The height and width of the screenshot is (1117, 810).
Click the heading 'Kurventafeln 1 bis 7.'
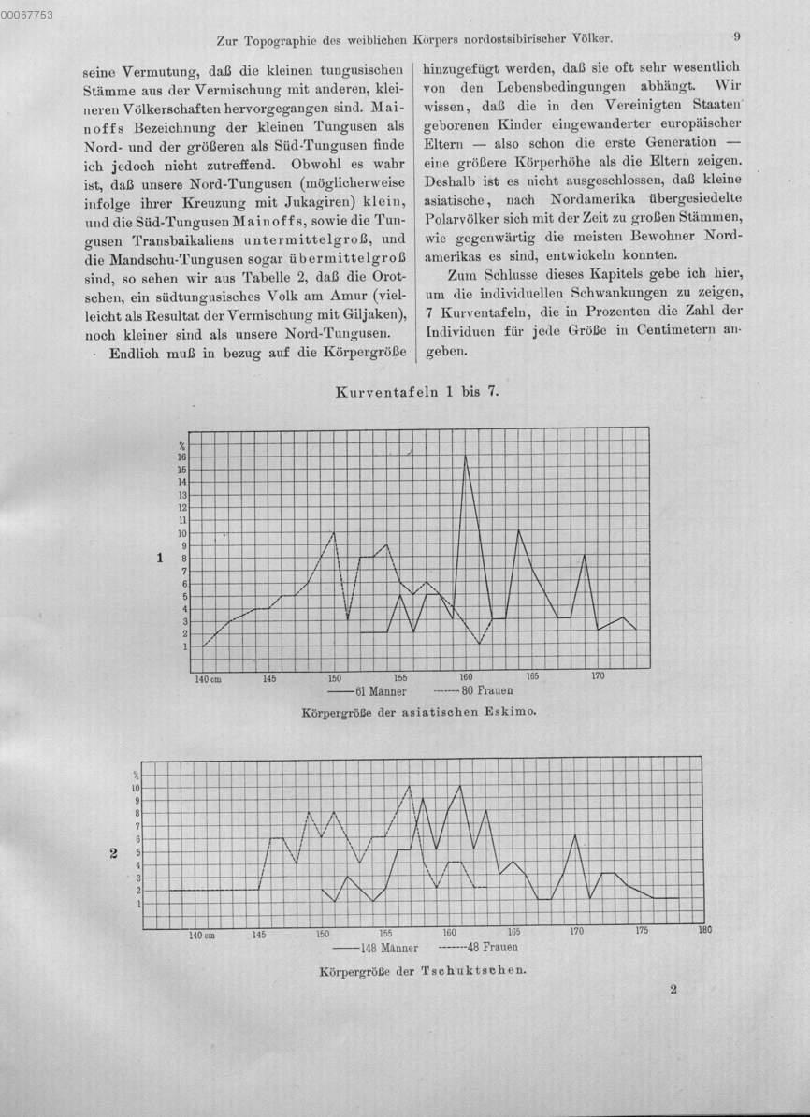click(x=417, y=393)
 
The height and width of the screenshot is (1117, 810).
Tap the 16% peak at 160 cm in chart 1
click(x=466, y=456)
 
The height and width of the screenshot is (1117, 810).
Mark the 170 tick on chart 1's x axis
click(x=598, y=675)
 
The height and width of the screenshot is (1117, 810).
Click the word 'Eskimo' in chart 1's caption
click(x=509, y=712)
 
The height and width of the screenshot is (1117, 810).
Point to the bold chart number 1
click(x=160, y=558)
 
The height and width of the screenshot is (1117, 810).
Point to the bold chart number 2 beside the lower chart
click(x=113, y=852)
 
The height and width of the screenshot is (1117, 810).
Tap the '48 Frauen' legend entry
click(x=492, y=947)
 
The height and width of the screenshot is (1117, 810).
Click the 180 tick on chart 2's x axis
click(x=704, y=931)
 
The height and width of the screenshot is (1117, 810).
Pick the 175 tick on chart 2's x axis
click(x=642, y=931)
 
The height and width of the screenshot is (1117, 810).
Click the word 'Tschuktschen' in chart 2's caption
click(x=473, y=969)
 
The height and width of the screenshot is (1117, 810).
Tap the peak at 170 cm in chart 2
click(x=576, y=835)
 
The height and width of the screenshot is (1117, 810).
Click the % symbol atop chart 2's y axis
click(x=136, y=775)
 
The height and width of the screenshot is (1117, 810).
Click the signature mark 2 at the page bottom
click(x=673, y=988)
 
